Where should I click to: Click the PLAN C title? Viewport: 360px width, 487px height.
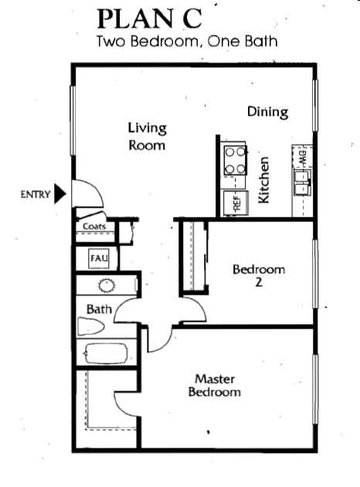point(150,19)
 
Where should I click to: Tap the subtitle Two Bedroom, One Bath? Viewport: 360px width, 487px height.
point(187,42)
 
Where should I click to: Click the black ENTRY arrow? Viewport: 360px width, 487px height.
point(60,194)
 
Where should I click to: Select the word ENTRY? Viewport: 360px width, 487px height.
point(35,194)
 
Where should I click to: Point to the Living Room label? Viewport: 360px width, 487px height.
point(148,137)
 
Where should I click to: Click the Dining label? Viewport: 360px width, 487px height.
point(267,112)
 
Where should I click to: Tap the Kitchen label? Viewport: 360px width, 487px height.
point(263,180)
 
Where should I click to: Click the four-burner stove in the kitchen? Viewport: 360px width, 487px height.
point(236,161)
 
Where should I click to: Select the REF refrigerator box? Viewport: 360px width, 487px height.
point(236,203)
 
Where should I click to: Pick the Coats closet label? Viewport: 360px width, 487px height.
point(94,226)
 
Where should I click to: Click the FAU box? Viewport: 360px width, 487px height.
point(99,259)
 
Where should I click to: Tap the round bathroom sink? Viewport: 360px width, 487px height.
point(107,285)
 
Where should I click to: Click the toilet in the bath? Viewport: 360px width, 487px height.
point(90,326)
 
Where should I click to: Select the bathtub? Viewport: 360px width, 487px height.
point(106,353)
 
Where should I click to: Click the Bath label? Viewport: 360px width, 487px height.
point(99,309)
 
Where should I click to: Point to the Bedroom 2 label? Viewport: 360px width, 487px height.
point(259,275)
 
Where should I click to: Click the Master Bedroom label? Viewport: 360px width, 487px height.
point(215,385)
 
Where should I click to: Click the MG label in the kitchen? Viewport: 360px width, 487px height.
point(303,157)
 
